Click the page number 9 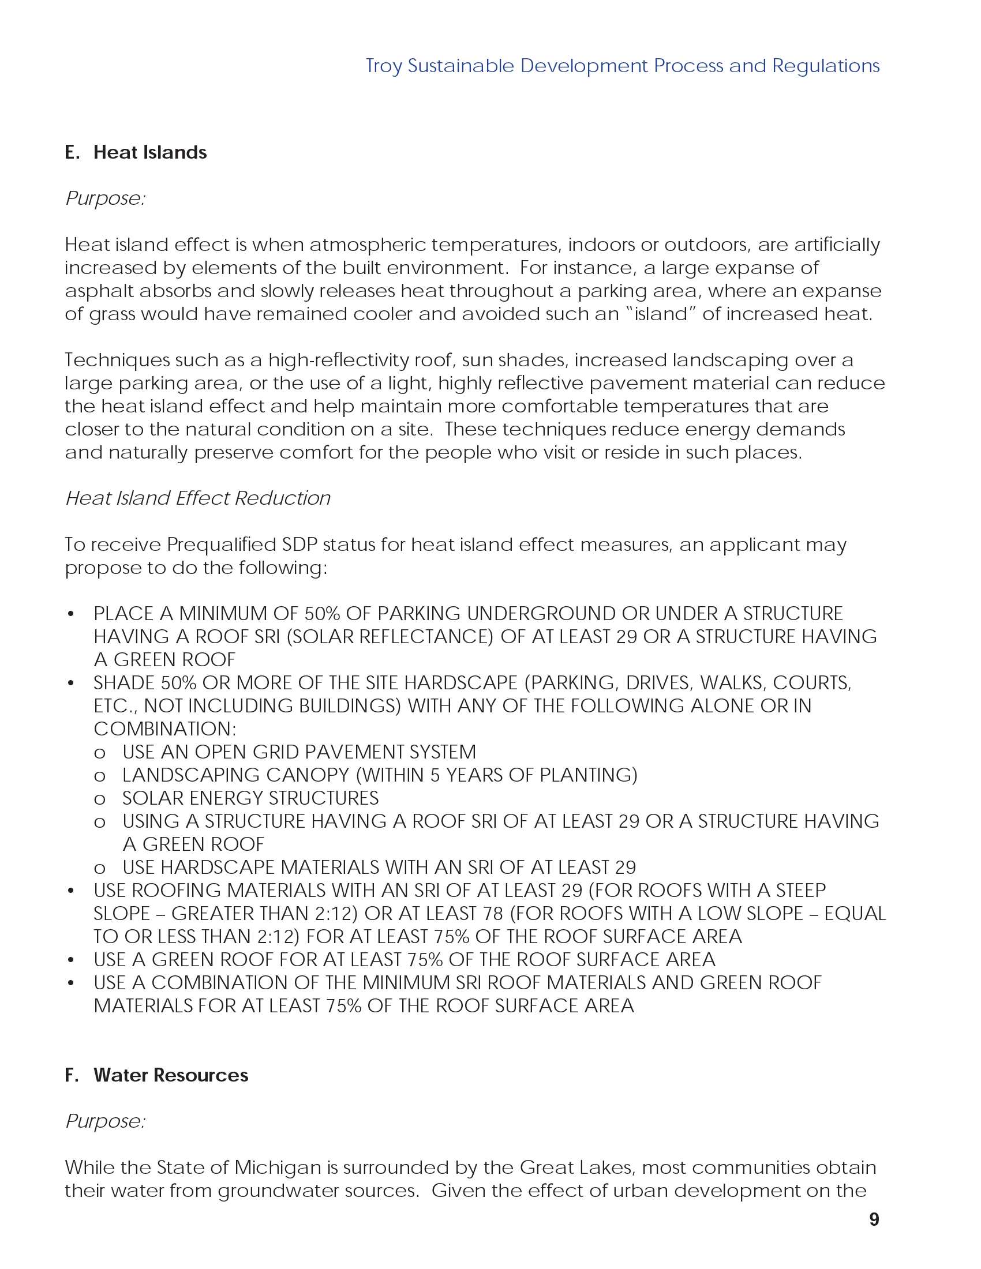click(874, 1219)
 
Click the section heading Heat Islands click(150, 152)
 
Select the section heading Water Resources click(171, 1075)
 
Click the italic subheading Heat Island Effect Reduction click(197, 498)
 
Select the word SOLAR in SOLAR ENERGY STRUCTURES click(153, 798)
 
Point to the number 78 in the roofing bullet click(493, 914)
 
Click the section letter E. click(72, 152)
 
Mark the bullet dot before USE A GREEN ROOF click(71, 960)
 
